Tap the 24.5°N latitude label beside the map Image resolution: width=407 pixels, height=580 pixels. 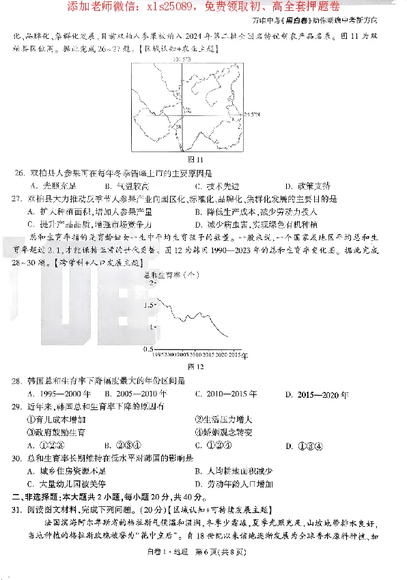253,115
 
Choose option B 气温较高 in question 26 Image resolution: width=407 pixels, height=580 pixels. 122,186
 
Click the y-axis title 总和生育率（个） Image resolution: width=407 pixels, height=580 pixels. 171,274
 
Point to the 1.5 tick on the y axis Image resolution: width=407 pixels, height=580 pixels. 149,304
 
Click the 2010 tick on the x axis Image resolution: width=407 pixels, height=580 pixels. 195,356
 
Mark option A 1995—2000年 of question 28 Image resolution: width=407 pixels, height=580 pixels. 59,394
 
